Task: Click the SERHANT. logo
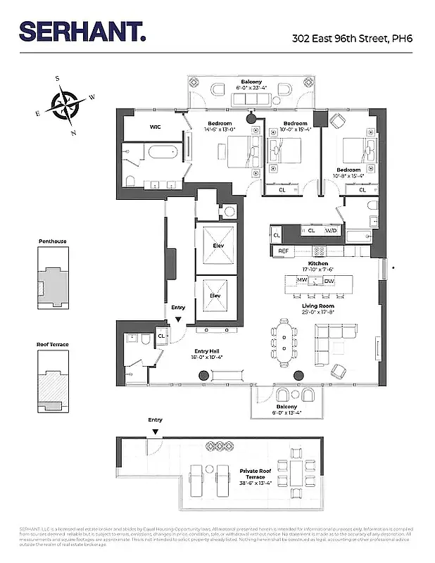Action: [x=83, y=32]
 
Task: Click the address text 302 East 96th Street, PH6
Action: [x=352, y=39]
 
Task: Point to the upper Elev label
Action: [x=216, y=246]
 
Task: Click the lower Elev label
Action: [x=216, y=296]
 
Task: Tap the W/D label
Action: [x=330, y=231]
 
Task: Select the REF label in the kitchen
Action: [x=284, y=251]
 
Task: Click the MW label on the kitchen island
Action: [x=302, y=281]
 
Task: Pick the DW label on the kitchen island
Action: [x=329, y=281]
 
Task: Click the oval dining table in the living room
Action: [x=283, y=342]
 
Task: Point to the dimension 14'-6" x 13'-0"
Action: [x=220, y=129]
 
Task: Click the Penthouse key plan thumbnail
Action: [x=53, y=280]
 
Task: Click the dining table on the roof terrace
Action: [x=291, y=475]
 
